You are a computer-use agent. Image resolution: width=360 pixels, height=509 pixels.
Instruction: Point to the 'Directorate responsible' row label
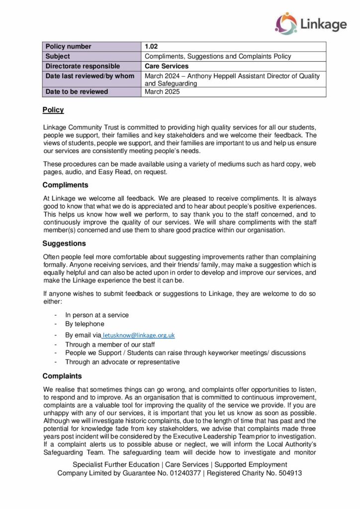pyautogui.click(x=83, y=66)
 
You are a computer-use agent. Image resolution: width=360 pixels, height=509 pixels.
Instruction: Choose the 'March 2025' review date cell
pyautogui.click(x=163, y=92)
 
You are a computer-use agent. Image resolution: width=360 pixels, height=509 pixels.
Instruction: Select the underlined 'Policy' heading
pyautogui.click(x=53, y=110)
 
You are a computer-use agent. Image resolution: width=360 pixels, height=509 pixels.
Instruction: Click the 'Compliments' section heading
pyautogui.click(x=65, y=185)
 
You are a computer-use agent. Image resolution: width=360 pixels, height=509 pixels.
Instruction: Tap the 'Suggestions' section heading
pyautogui.click(x=64, y=244)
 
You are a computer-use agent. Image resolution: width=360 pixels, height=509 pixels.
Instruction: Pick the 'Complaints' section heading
pyautogui.click(x=62, y=376)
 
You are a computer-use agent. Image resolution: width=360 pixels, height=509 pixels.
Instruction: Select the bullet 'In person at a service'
pyautogui.click(x=97, y=315)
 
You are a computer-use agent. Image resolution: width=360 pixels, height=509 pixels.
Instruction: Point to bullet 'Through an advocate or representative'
pyautogui.click(x=122, y=362)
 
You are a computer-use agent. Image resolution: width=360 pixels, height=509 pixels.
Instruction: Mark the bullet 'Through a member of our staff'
pyautogui.click(x=110, y=344)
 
